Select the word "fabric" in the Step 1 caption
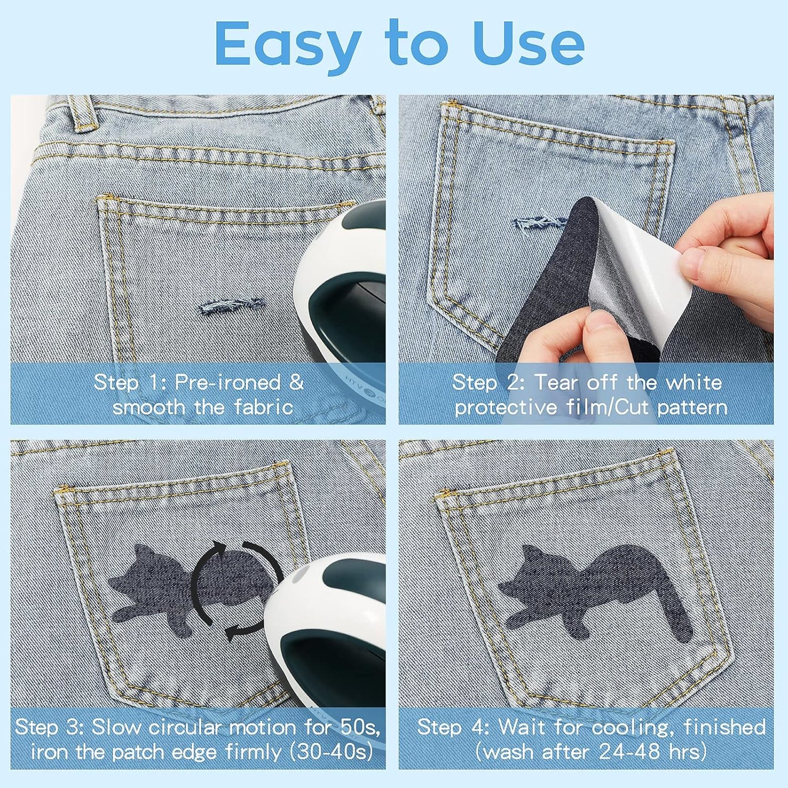(264, 407)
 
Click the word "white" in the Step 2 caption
(694, 382)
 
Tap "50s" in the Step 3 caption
(360, 727)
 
